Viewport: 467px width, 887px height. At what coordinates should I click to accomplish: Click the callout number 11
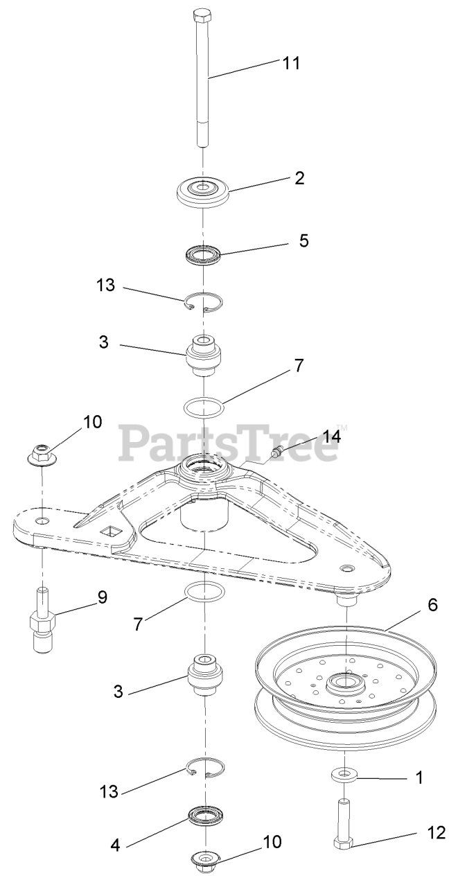pos(291,62)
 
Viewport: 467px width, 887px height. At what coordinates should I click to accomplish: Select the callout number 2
pos(299,178)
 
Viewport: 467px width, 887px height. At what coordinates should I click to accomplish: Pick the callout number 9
pos(102,597)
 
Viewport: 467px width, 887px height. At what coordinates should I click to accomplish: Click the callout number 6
pos(432,604)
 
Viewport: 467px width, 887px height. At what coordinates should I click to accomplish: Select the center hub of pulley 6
pos(344,683)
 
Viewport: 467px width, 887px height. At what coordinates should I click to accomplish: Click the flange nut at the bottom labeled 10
pos(206,860)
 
